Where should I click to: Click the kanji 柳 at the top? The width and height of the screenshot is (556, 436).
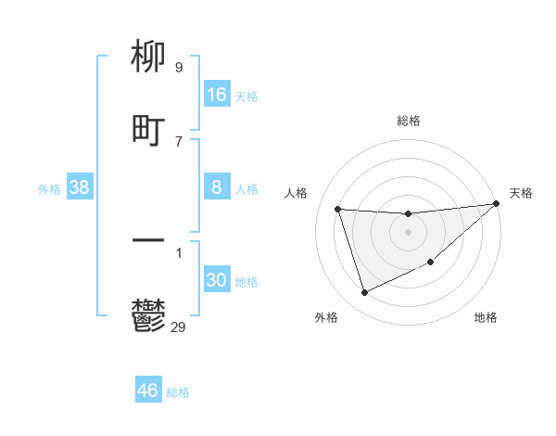[x=148, y=58]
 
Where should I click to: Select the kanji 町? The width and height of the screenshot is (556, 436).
[x=148, y=130]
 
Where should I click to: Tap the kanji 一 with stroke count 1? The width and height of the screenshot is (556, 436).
[x=148, y=242]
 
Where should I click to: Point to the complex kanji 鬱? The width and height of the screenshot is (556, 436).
[x=148, y=314]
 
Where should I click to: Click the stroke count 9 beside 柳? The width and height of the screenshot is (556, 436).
[x=178, y=68]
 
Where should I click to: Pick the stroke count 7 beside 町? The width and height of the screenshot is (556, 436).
[x=178, y=141]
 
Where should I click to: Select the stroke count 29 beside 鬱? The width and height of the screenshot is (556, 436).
[x=179, y=327]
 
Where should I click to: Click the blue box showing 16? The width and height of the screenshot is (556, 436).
[x=216, y=94]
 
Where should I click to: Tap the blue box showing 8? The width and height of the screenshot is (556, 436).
[x=216, y=187]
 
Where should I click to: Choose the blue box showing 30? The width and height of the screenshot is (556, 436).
[x=216, y=280]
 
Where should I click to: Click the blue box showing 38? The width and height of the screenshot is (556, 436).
[x=80, y=187]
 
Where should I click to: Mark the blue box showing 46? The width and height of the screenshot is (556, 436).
[x=147, y=391]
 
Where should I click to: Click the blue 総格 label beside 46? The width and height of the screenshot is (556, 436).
[x=178, y=392]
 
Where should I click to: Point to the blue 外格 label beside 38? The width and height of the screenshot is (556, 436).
[x=49, y=189]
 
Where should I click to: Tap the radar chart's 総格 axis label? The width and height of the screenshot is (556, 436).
[x=408, y=121]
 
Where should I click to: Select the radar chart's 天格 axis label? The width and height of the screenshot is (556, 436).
[x=521, y=193]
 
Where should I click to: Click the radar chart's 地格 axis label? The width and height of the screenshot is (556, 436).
[x=486, y=317]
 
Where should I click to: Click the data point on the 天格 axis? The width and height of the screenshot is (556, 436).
[x=496, y=204]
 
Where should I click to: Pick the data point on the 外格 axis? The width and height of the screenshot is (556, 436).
[x=364, y=293]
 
